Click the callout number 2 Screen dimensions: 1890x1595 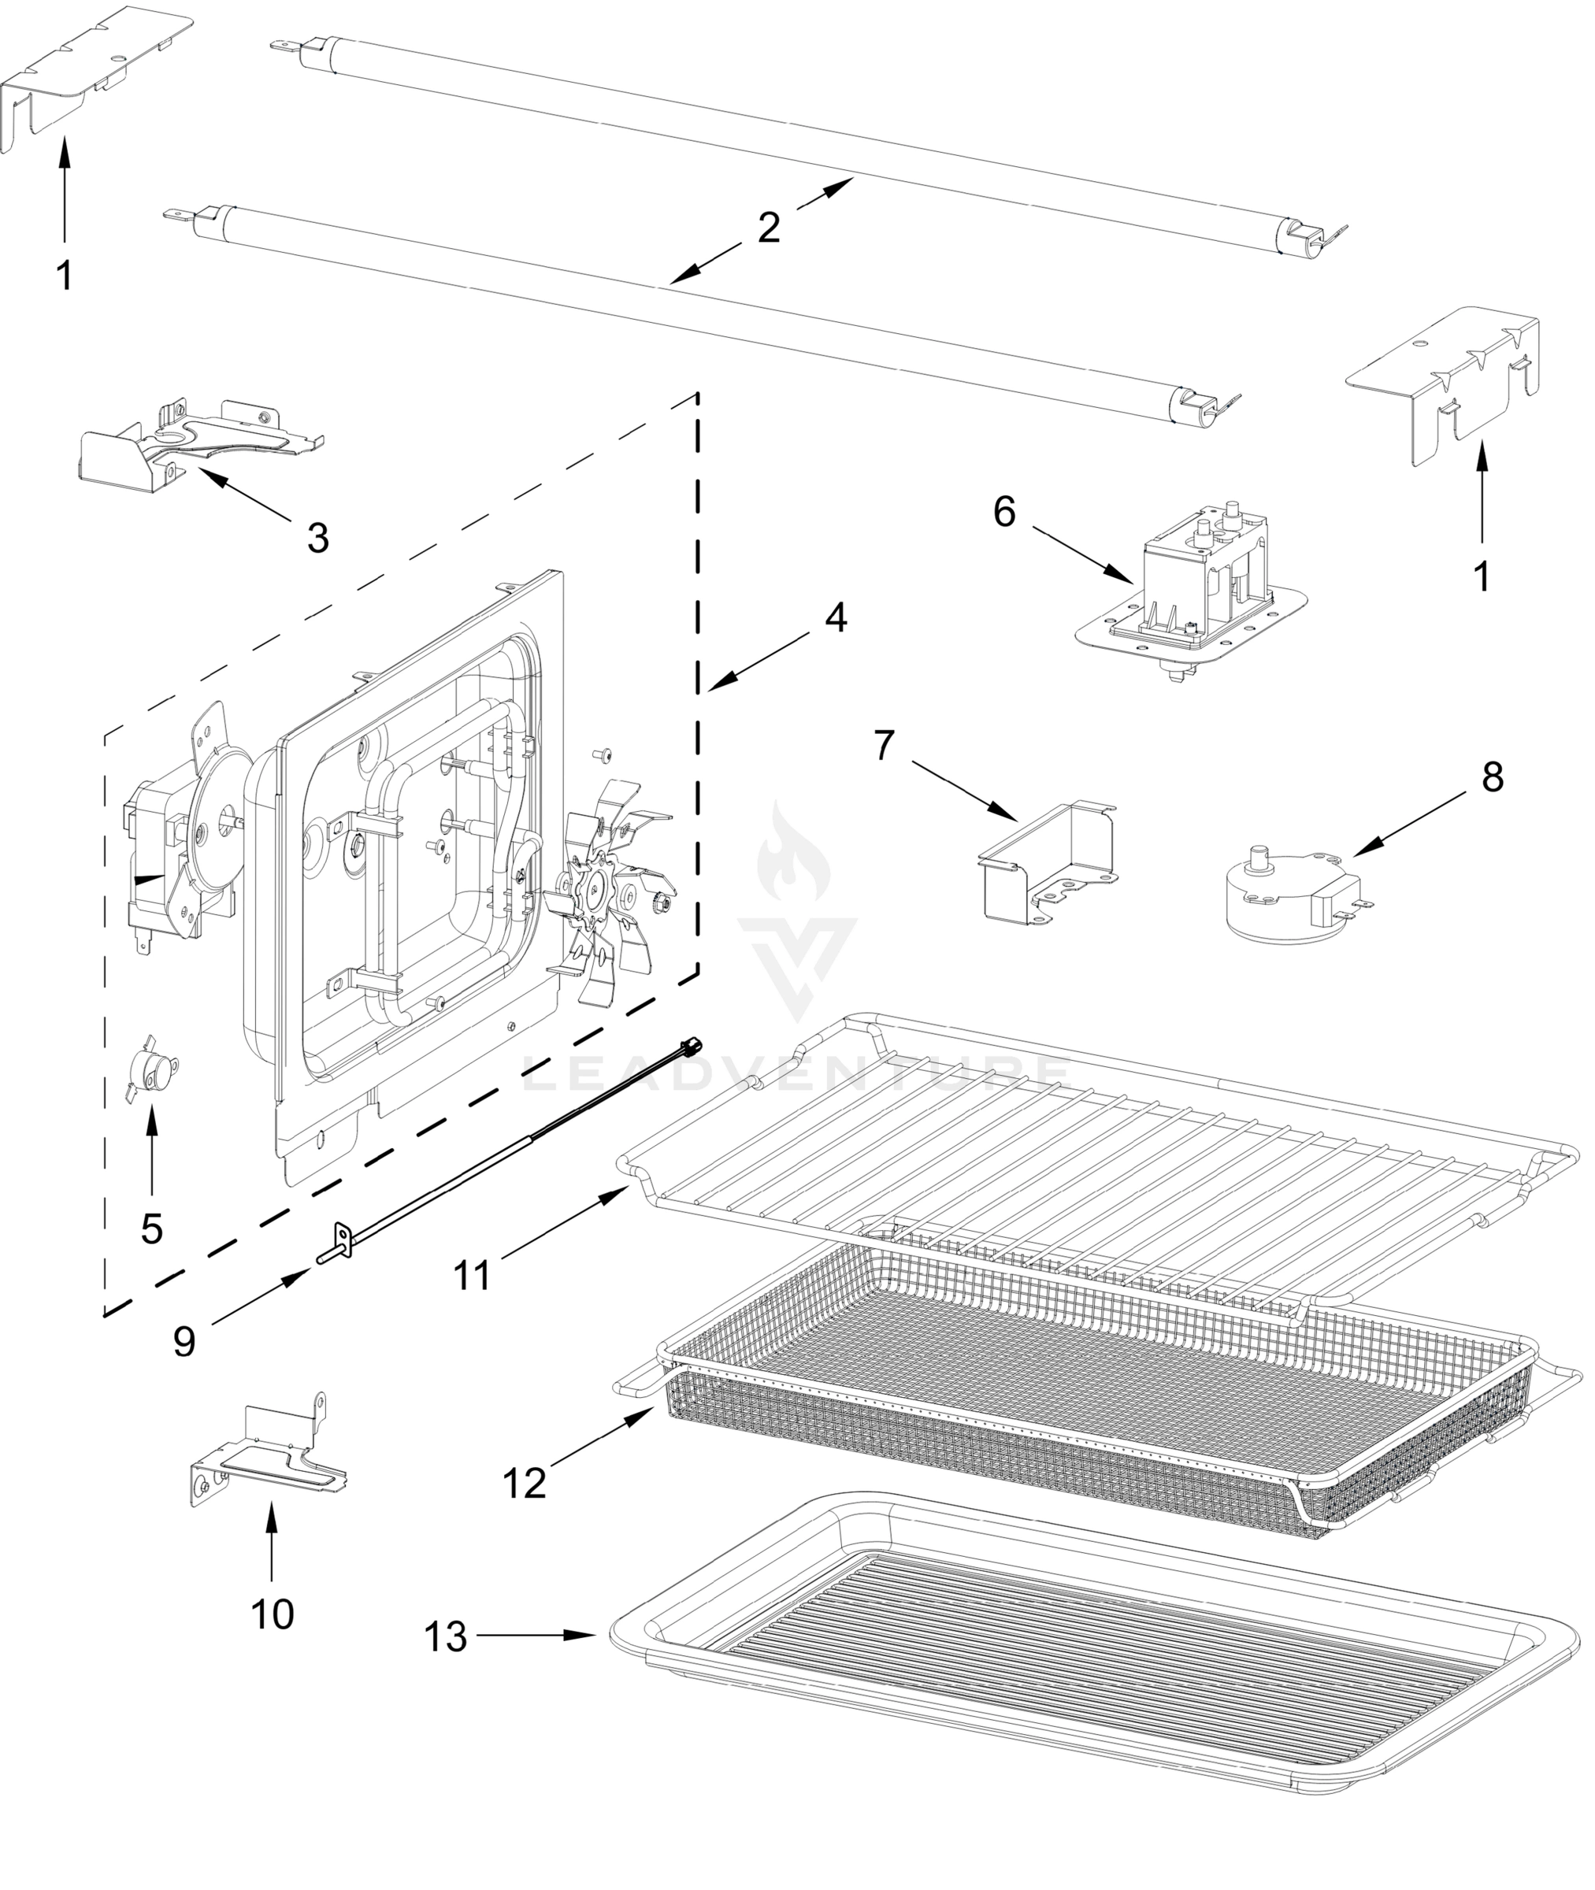[769, 227]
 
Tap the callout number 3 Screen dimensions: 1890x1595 [317, 538]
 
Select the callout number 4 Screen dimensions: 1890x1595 [836, 618]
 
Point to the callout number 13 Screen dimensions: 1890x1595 [446, 1636]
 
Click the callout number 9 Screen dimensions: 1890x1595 [184, 1341]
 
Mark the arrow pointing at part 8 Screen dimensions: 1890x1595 [1411, 821]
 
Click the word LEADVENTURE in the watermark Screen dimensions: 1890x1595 [796, 1074]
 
